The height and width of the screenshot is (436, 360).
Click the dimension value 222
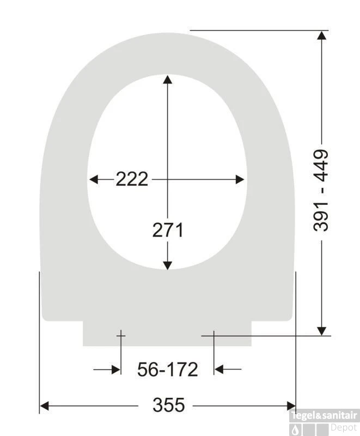(x=132, y=179)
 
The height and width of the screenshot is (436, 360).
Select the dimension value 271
(x=168, y=231)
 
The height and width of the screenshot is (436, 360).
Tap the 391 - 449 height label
(x=321, y=190)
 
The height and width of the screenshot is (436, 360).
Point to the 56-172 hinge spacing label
(x=167, y=370)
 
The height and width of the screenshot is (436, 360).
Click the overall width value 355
(x=168, y=405)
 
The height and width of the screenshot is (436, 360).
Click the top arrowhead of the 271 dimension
(x=168, y=80)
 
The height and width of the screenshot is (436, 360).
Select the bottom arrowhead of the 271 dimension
(x=168, y=265)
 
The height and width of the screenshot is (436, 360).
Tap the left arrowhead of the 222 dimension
(x=94, y=179)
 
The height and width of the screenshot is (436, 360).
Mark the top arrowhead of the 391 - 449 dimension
(x=322, y=35)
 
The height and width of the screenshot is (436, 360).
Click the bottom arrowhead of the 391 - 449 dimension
(x=322, y=330)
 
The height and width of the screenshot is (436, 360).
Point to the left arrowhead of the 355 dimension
(x=45, y=406)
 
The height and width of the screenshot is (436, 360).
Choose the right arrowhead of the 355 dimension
(x=291, y=406)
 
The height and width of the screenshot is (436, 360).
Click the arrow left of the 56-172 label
(x=115, y=370)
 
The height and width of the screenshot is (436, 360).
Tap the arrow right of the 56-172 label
(x=219, y=370)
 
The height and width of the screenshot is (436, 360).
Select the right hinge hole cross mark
(x=213, y=336)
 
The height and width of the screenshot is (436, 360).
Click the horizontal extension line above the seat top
(x=256, y=31)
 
